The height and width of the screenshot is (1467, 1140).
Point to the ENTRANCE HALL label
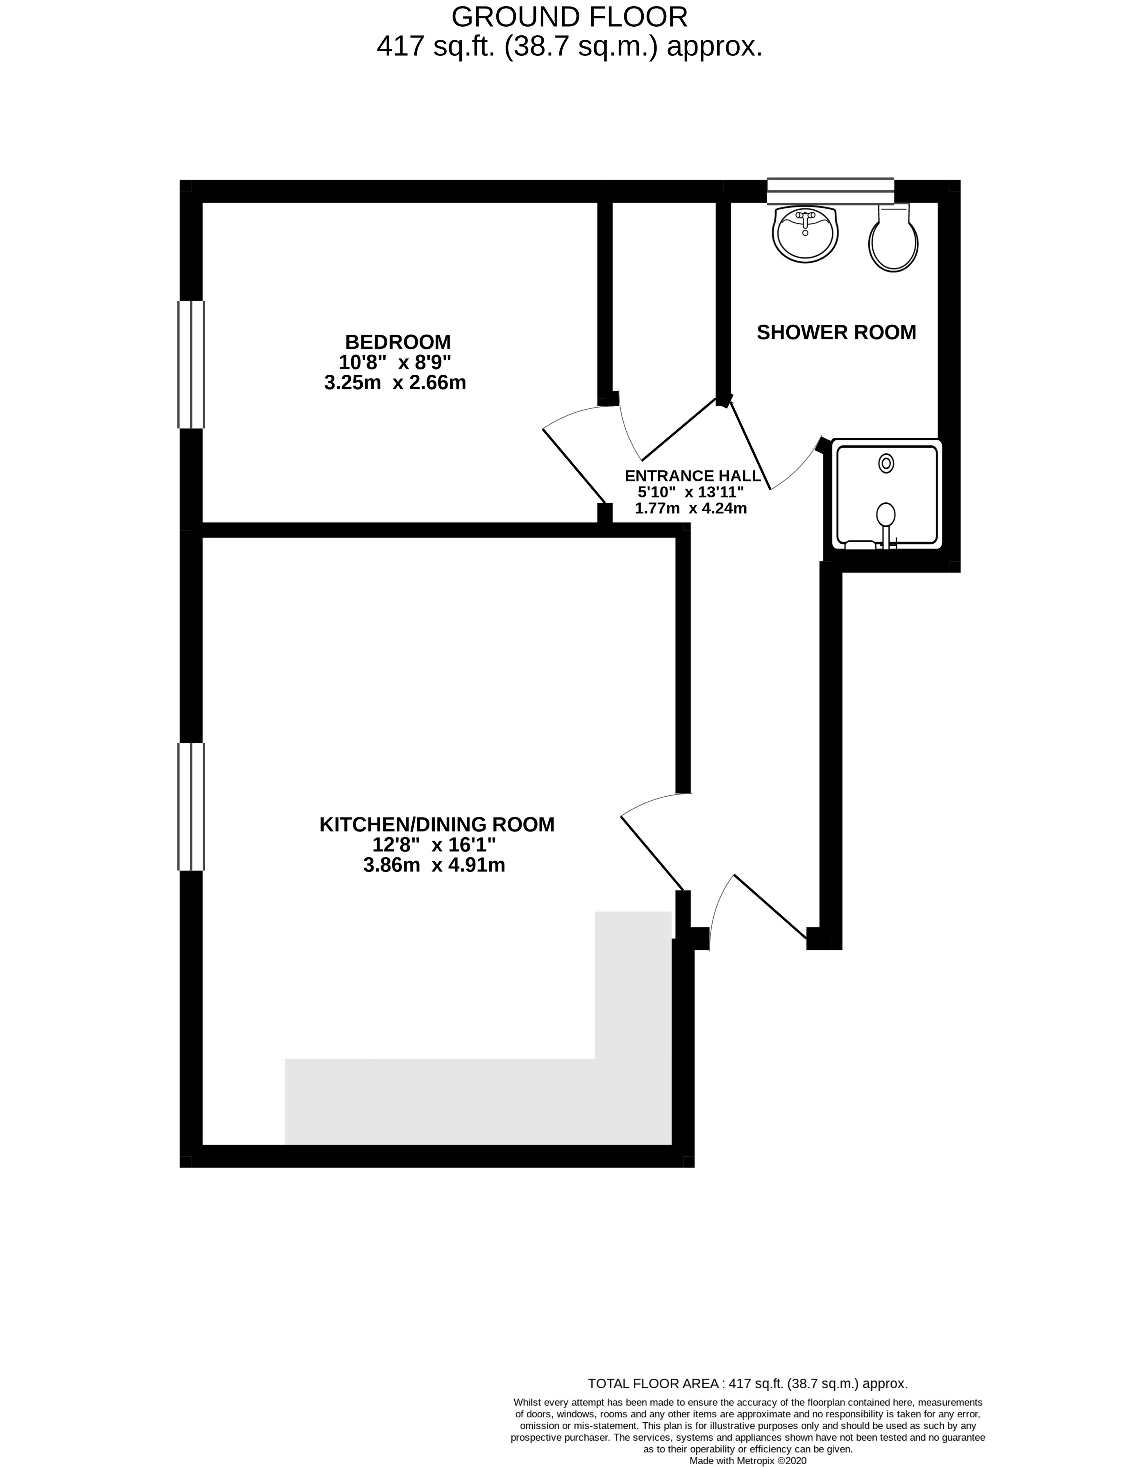[x=693, y=476]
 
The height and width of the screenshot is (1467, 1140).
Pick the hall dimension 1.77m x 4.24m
[x=691, y=508]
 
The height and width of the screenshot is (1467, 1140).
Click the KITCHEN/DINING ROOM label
[x=437, y=824]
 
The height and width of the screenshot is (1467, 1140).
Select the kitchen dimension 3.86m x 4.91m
[x=434, y=865]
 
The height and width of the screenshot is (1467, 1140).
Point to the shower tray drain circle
[x=886, y=463]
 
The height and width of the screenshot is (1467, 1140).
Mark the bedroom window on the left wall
[x=191, y=364]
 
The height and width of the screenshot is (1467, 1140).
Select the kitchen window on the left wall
[x=191, y=807]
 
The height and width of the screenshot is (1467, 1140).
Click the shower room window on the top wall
[x=831, y=191]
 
